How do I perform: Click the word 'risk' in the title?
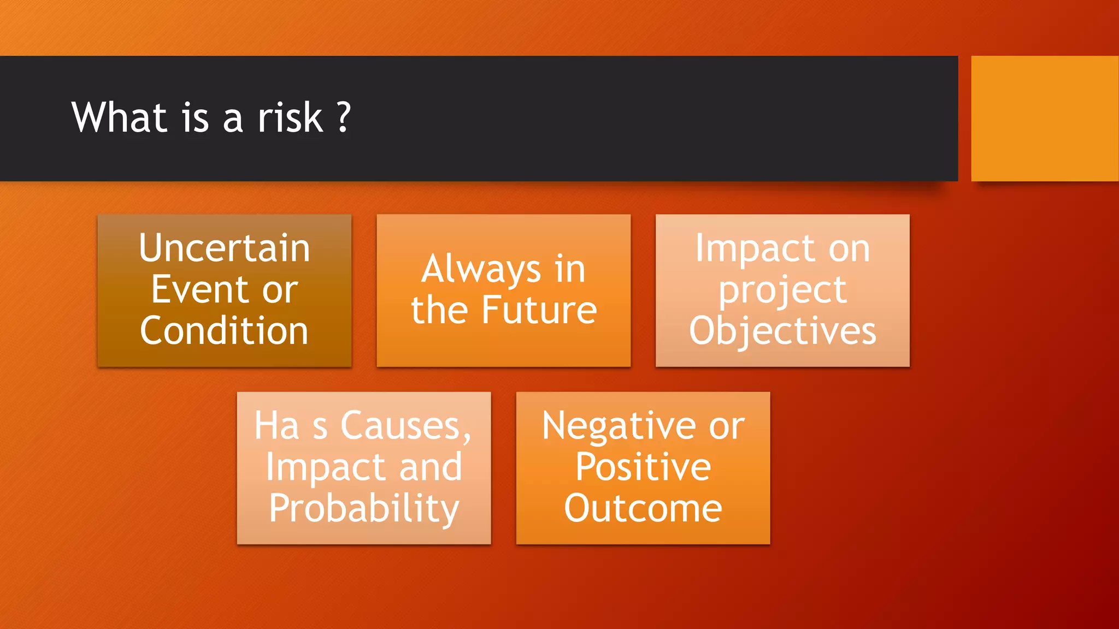(x=290, y=117)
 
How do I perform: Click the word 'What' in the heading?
(x=119, y=117)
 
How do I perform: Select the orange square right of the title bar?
(x=1044, y=118)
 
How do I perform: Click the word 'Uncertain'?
(x=225, y=248)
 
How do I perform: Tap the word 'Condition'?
(x=224, y=331)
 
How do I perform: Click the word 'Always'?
(x=481, y=269)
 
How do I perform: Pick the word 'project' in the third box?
(x=782, y=290)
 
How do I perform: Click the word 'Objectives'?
(x=782, y=331)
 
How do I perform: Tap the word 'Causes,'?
(x=405, y=426)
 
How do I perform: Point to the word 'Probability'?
(x=364, y=508)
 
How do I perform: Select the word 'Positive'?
(x=643, y=467)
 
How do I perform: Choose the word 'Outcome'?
(x=643, y=508)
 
